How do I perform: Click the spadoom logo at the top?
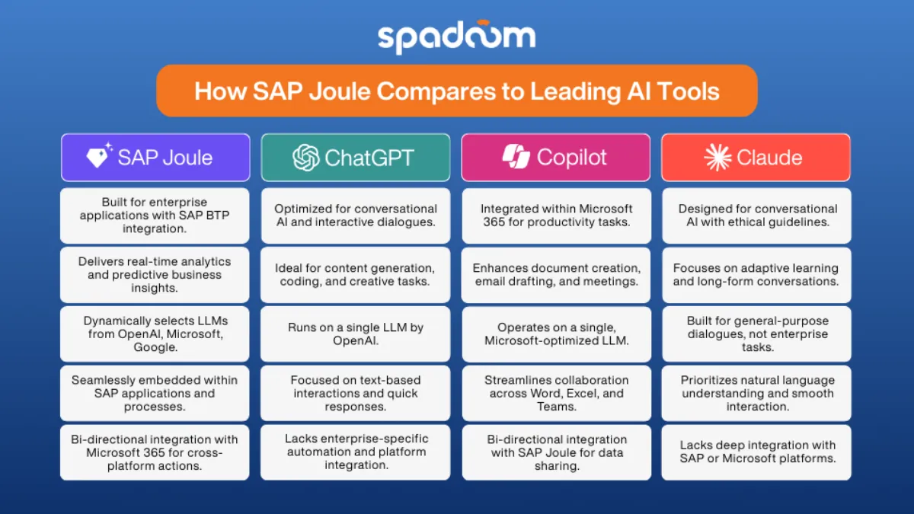coord(456,37)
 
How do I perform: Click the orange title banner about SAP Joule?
coord(456,91)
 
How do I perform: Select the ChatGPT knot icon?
coord(305,158)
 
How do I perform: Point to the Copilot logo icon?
coord(516,157)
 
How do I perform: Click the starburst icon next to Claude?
coord(717,158)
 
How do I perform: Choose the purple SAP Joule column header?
coord(155,158)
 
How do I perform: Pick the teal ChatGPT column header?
coord(355,158)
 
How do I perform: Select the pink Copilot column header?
coord(556,158)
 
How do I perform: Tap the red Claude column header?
coord(756,158)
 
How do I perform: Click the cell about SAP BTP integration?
coord(155,215)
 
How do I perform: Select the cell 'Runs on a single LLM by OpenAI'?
coord(355,334)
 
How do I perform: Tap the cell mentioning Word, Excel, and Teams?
coord(556,393)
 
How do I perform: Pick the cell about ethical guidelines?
coord(756,215)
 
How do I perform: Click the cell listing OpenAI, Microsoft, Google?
coord(155,334)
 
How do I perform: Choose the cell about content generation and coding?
coord(355,275)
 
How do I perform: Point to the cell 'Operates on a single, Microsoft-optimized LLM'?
coord(556,334)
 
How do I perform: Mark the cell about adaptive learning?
coord(756,275)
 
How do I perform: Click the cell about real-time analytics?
coord(155,275)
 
